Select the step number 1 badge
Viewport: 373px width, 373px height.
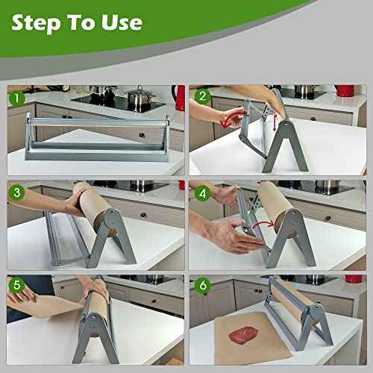click(16, 97)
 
